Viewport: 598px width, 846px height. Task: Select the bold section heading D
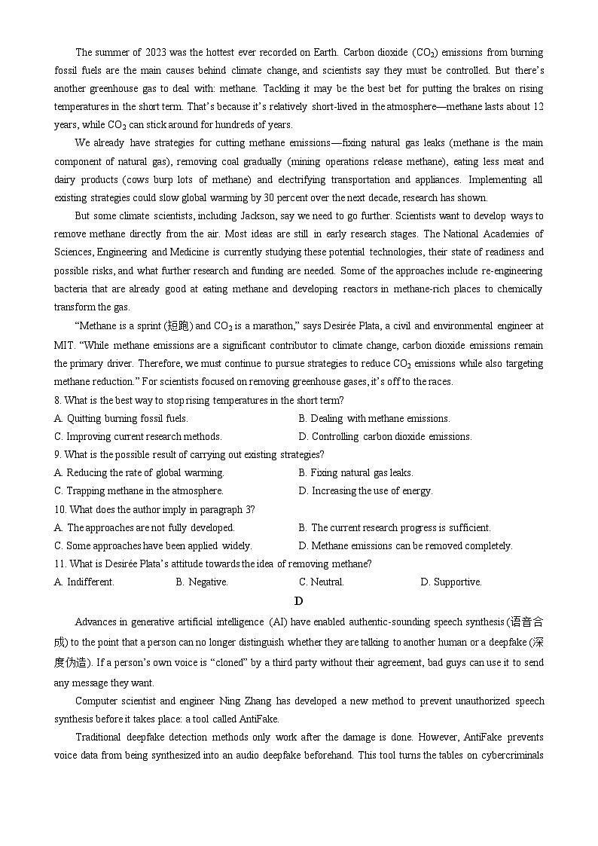click(299, 600)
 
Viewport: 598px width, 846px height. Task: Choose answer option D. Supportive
click(451, 582)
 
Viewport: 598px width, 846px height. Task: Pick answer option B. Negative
click(202, 582)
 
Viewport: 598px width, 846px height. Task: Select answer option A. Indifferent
click(84, 582)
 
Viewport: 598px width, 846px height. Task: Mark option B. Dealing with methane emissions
click(374, 418)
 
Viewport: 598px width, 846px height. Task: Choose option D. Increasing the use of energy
click(365, 490)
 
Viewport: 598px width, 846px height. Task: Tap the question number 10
click(59, 509)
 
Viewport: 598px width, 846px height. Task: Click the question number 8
click(57, 400)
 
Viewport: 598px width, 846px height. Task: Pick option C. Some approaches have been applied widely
click(153, 545)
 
